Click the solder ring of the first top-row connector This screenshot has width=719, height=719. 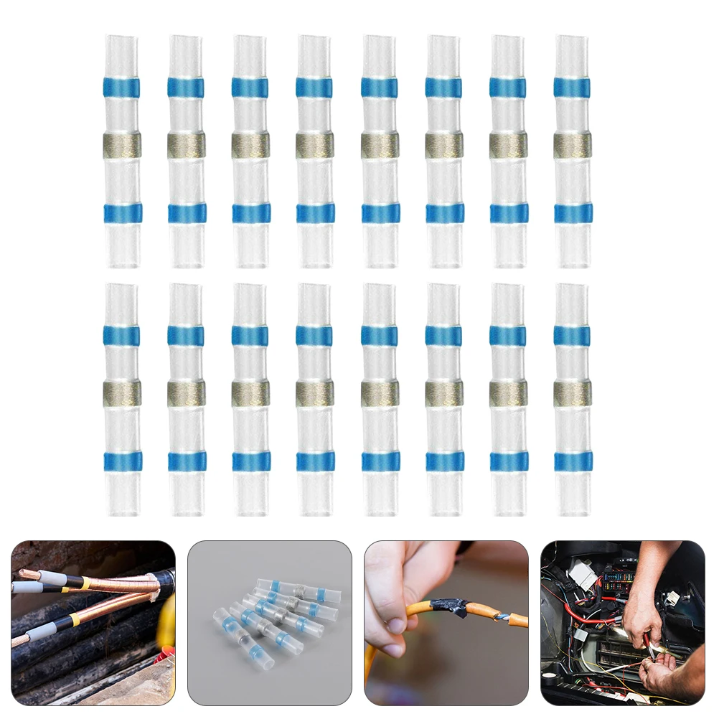[121, 146]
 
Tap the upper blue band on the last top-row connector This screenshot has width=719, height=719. [572, 88]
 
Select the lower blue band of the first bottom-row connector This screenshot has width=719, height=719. [122, 461]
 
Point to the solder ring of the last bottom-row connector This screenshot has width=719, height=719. [573, 393]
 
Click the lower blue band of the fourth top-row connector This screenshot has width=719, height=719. [315, 212]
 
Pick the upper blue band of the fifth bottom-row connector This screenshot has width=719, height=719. [379, 336]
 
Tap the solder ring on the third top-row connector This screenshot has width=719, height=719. [250, 146]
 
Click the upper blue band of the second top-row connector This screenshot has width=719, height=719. [186, 88]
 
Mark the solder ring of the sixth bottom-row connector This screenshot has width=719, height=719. [443, 393]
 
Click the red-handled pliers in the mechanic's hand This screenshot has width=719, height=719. [657, 645]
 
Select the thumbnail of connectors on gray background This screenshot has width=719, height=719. [270, 622]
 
